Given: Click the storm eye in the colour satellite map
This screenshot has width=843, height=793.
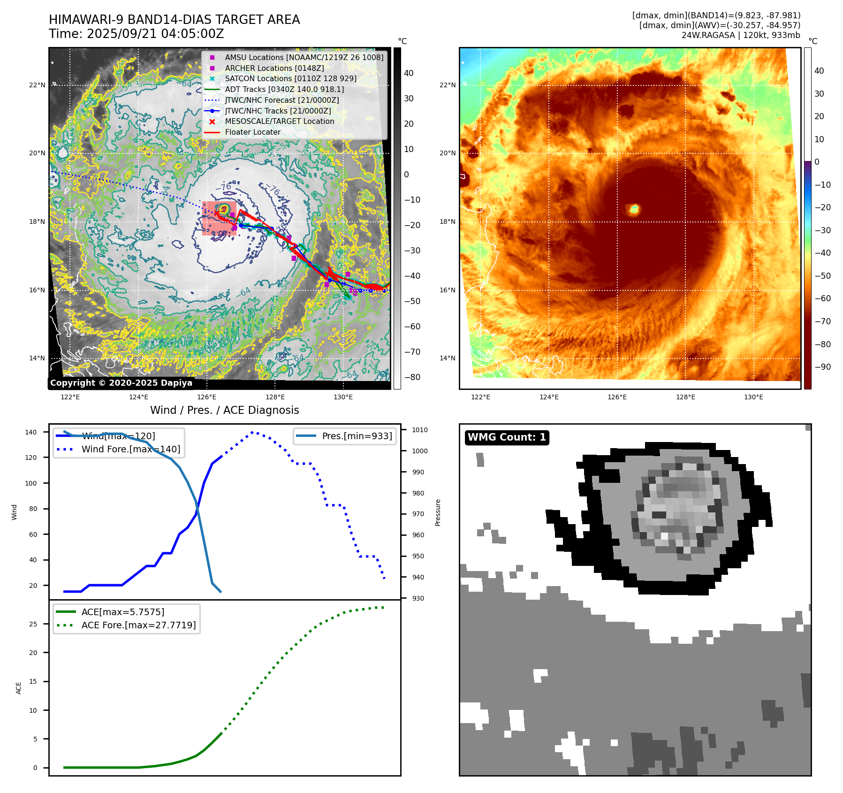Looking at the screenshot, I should click(634, 209).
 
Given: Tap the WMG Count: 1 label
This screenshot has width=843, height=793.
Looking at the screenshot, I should click(507, 437).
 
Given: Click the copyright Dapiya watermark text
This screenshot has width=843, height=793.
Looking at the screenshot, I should click(121, 383).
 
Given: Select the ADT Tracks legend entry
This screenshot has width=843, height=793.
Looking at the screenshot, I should click(284, 89).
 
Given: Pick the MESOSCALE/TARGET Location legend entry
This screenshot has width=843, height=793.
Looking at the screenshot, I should click(280, 121).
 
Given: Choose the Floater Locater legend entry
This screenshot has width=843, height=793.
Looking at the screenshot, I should click(252, 132).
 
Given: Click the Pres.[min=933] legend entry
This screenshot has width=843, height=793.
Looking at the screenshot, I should click(357, 436).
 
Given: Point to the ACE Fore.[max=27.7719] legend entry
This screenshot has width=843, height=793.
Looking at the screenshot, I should click(138, 625).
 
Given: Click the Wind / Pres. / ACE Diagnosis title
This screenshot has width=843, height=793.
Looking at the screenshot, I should click(224, 410).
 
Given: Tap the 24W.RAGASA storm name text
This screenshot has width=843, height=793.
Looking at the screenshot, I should click(708, 35).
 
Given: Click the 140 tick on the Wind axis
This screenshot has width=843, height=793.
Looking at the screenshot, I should click(31, 432).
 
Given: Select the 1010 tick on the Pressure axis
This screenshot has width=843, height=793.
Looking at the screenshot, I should click(420, 430).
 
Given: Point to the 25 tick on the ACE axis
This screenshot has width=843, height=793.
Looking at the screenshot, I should click(33, 624).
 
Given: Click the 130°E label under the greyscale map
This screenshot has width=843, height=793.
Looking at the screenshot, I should click(343, 397).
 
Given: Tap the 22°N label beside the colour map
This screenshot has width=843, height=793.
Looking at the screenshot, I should click(448, 85).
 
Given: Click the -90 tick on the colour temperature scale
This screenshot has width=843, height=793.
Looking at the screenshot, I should click(822, 367).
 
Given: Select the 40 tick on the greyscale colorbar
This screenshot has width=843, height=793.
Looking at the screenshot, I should click(409, 73).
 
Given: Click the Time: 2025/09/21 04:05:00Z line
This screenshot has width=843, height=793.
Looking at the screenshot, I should click(137, 34).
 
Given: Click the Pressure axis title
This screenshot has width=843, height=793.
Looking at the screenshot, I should click(438, 512).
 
